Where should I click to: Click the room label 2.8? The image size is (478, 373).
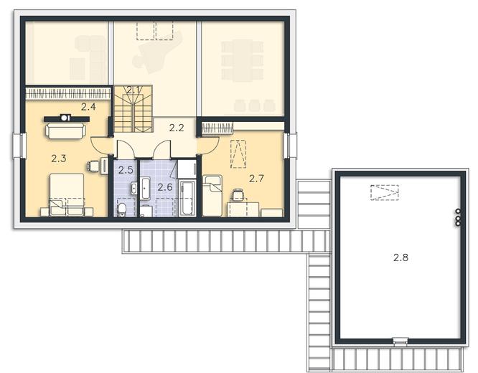pos(400,258)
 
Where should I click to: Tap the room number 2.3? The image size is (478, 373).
pos(59,159)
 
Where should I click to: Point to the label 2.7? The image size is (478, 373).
pos(256,179)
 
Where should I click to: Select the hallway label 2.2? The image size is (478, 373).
pos(177,128)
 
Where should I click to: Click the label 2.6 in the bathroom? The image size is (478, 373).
pos(165,186)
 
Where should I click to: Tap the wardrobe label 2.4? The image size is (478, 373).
pos(88,107)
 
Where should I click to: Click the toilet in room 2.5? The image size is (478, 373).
pos(121,209)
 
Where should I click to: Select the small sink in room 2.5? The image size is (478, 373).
pos(133,188)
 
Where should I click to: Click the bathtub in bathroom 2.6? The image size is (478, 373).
pos(187,198)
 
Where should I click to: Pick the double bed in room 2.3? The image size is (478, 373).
pos(67,194)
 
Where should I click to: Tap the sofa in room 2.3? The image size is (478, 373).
pos(66,131)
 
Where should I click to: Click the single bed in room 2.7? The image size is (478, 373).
pos(212,196)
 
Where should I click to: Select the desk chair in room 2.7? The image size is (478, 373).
pos(238,194)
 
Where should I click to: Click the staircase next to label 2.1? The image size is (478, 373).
pos(133,109)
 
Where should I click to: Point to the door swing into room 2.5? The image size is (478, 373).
pos(123,148)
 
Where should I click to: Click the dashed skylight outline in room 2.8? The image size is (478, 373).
pos(385,192)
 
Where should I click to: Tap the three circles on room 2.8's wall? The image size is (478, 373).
pos(458,217)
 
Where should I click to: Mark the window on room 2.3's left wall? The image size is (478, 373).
pos(18,146)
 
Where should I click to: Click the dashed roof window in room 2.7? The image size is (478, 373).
pos(238,154)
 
